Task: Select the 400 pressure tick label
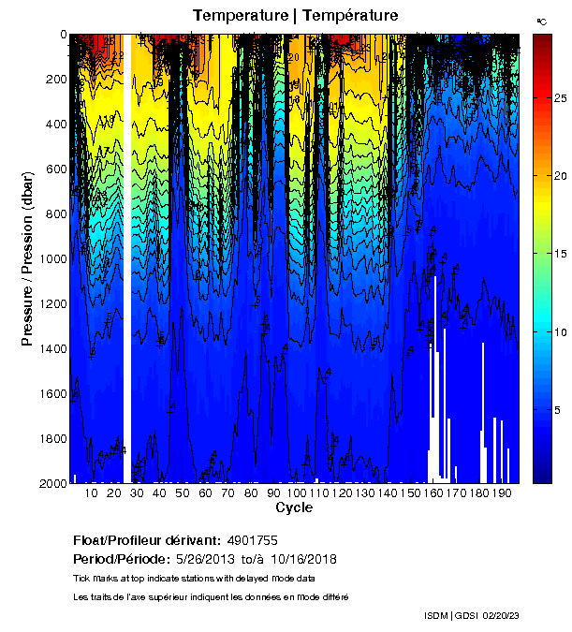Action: [x=54, y=125]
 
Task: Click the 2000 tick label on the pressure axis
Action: [x=51, y=484]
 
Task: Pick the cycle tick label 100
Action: [x=296, y=493]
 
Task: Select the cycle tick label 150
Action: [x=410, y=493]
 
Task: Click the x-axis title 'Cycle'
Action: [x=294, y=508]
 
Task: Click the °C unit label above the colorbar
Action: [x=542, y=20]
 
